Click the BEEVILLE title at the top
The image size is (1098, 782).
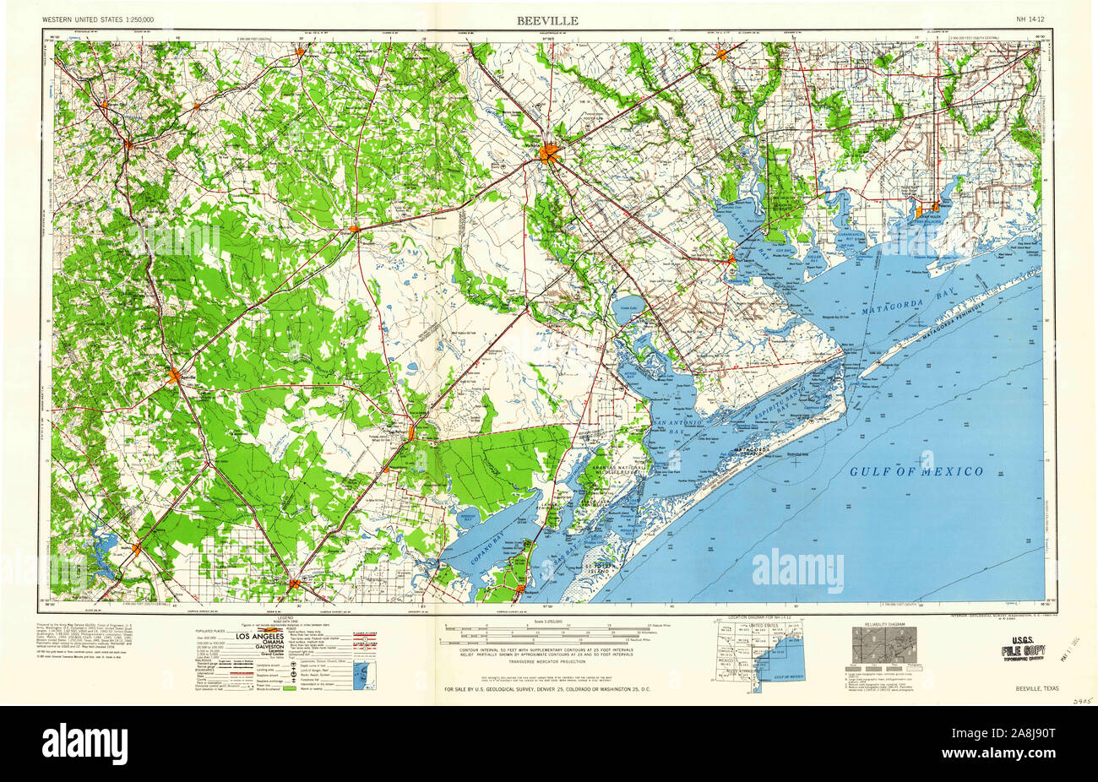tap(549, 19)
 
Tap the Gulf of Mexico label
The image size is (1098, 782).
tap(916, 471)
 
